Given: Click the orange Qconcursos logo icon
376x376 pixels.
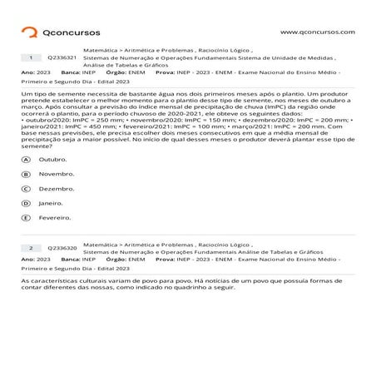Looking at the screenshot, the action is click(29, 32).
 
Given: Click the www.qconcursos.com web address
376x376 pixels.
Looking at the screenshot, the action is click(318, 32).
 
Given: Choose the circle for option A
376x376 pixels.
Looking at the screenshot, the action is click(27, 159).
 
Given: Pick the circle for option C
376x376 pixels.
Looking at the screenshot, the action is click(27, 189).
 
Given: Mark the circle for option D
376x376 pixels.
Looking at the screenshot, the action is click(27, 203).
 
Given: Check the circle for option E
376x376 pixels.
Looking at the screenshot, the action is click(27, 218).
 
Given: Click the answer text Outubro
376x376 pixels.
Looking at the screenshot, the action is click(52, 159).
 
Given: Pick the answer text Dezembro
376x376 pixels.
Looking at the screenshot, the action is click(56, 189).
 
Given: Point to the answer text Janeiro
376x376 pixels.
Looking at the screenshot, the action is click(51, 203).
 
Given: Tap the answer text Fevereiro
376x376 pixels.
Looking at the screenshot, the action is click(55, 218).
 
